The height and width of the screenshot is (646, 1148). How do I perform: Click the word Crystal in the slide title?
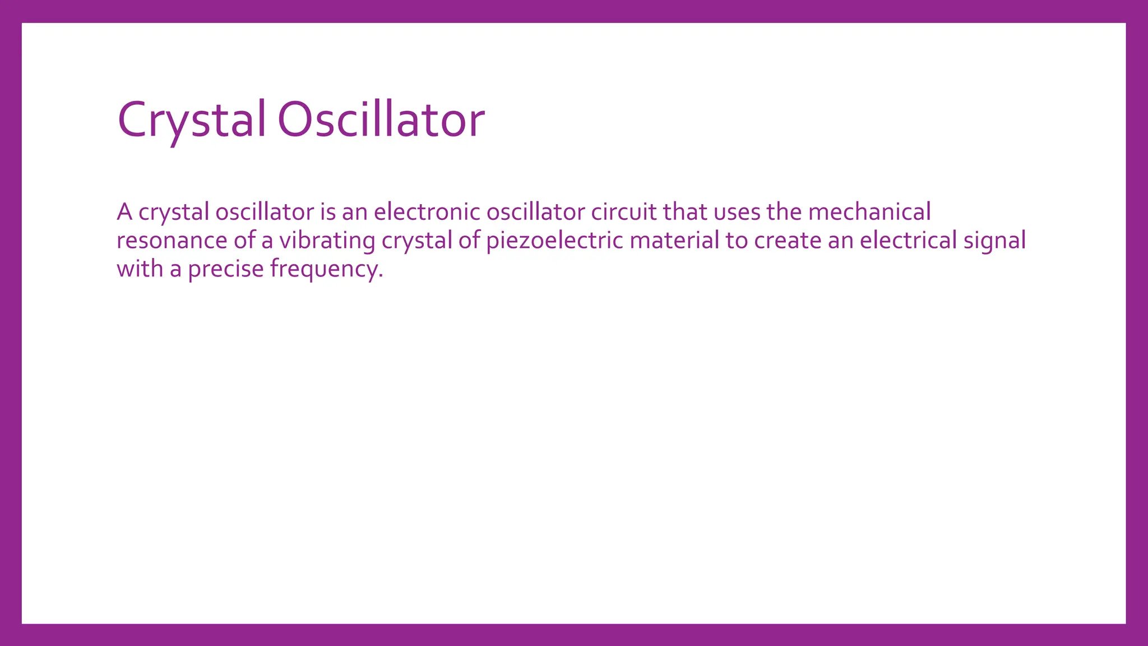tap(191, 119)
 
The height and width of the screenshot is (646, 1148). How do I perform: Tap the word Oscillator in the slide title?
tap(381, 119)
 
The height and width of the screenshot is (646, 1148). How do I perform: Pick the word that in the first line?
tap(685, 212)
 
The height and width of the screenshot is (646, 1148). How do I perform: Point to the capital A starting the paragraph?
tap(124, 212)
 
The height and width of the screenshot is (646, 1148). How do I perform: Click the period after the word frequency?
tap(381, 276)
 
